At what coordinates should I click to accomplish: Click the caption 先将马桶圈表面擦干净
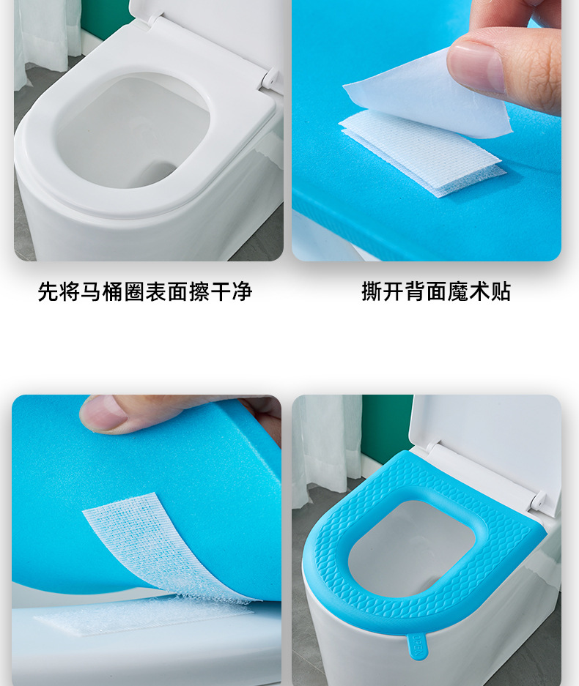144,292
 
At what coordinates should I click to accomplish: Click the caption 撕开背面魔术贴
435,292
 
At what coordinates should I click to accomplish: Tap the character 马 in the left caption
90,292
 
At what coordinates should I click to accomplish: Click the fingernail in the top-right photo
476,67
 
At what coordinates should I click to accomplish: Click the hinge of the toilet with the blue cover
539,501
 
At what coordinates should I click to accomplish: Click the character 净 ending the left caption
243,292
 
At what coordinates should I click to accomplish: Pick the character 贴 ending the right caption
501,292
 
